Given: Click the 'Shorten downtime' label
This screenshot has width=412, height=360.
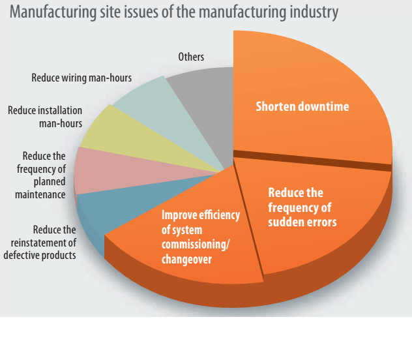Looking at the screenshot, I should (302, 106).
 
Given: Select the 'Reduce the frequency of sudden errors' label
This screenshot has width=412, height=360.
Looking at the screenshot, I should (302, 207).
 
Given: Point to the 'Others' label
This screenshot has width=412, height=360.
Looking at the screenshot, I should (191, 57).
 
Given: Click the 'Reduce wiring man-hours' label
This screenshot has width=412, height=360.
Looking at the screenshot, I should (81, 78).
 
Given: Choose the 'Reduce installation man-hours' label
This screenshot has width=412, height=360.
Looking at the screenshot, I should (44, 117).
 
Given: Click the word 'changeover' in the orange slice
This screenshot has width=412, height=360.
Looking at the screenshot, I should (186, 260).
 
